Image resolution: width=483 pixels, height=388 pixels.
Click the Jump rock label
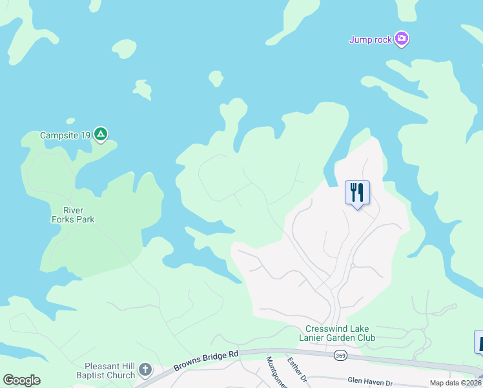pos(371,40)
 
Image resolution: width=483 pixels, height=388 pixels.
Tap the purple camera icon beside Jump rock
pos(402,39)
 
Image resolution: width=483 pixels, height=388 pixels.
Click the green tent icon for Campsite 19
pos(100,135)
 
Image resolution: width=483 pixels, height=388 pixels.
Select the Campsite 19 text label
pos(65,136)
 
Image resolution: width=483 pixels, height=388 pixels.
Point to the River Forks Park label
pos(79,215)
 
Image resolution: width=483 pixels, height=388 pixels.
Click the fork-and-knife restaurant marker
pos(357,192)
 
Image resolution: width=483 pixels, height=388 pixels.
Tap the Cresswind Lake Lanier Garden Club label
pos(338,333)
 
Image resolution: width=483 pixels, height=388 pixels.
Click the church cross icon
pos(146,370)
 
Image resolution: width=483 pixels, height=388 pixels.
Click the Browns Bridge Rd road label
pos(206,361)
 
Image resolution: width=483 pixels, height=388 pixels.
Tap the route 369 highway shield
pos(340,355)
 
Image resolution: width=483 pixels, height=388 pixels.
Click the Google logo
pos(21,380)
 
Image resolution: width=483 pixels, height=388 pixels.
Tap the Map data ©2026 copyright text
pos(456,383)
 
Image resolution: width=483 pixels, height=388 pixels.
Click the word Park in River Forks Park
pos(84,219)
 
